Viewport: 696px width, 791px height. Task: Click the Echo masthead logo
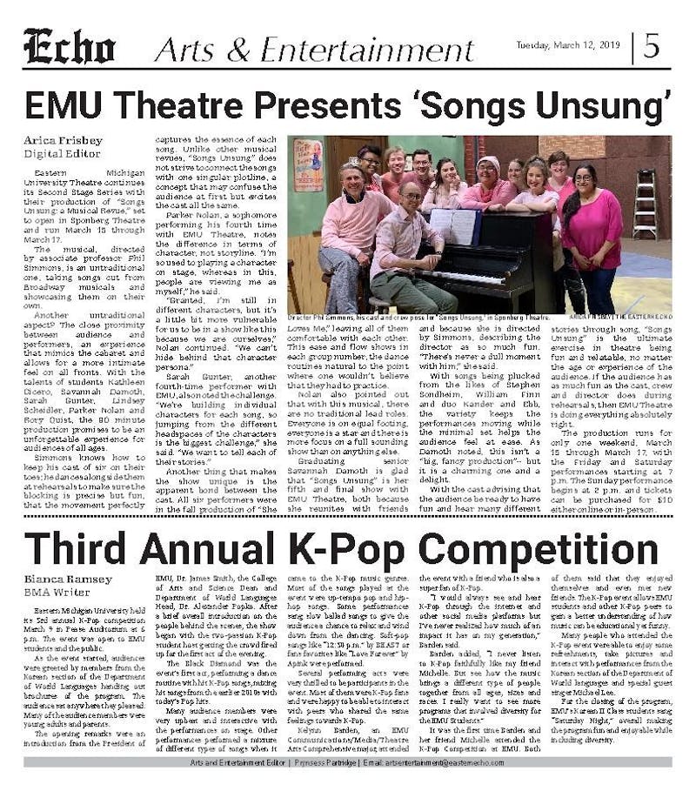(76, 46)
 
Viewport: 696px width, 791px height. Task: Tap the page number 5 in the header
(652, 45)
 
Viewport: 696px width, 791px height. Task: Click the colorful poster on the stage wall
(307, 164)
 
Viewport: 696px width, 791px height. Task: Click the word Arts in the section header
(182, 48)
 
